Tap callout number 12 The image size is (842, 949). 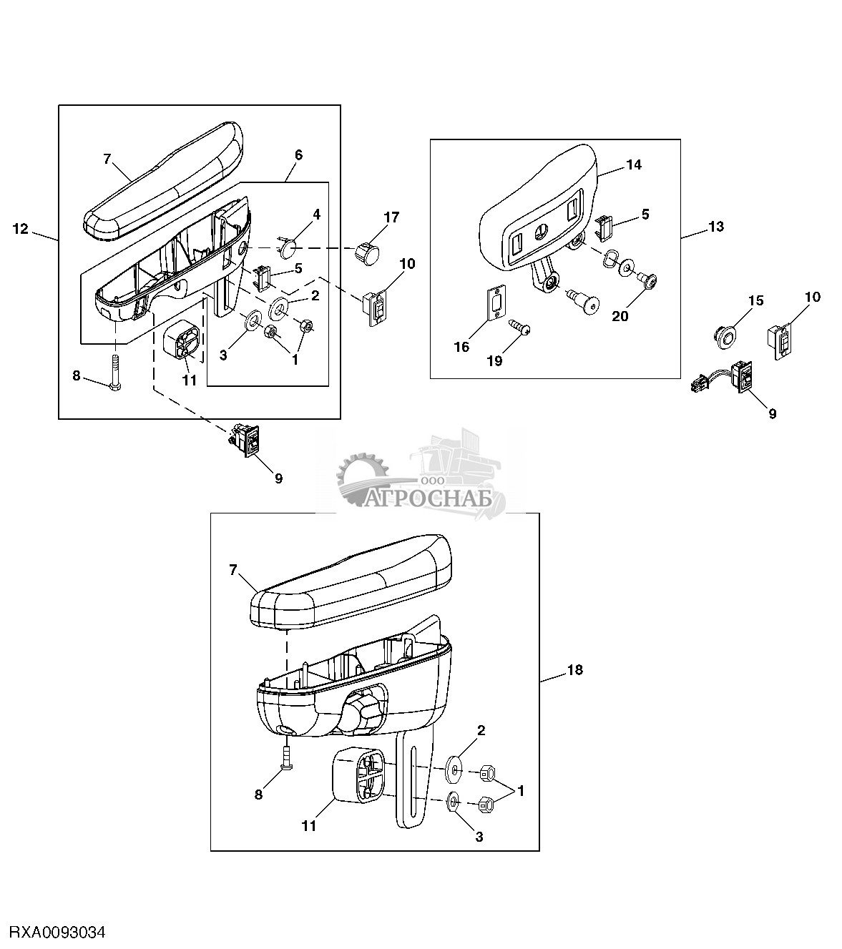click(21, 229)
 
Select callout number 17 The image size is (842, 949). click(391, 217)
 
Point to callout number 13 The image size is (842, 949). click(716, 227)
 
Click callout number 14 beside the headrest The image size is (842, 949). click(634, 165)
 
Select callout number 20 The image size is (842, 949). click(620, 317)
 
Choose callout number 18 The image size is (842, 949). click(575, 670)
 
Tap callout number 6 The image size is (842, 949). click(298, 155)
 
